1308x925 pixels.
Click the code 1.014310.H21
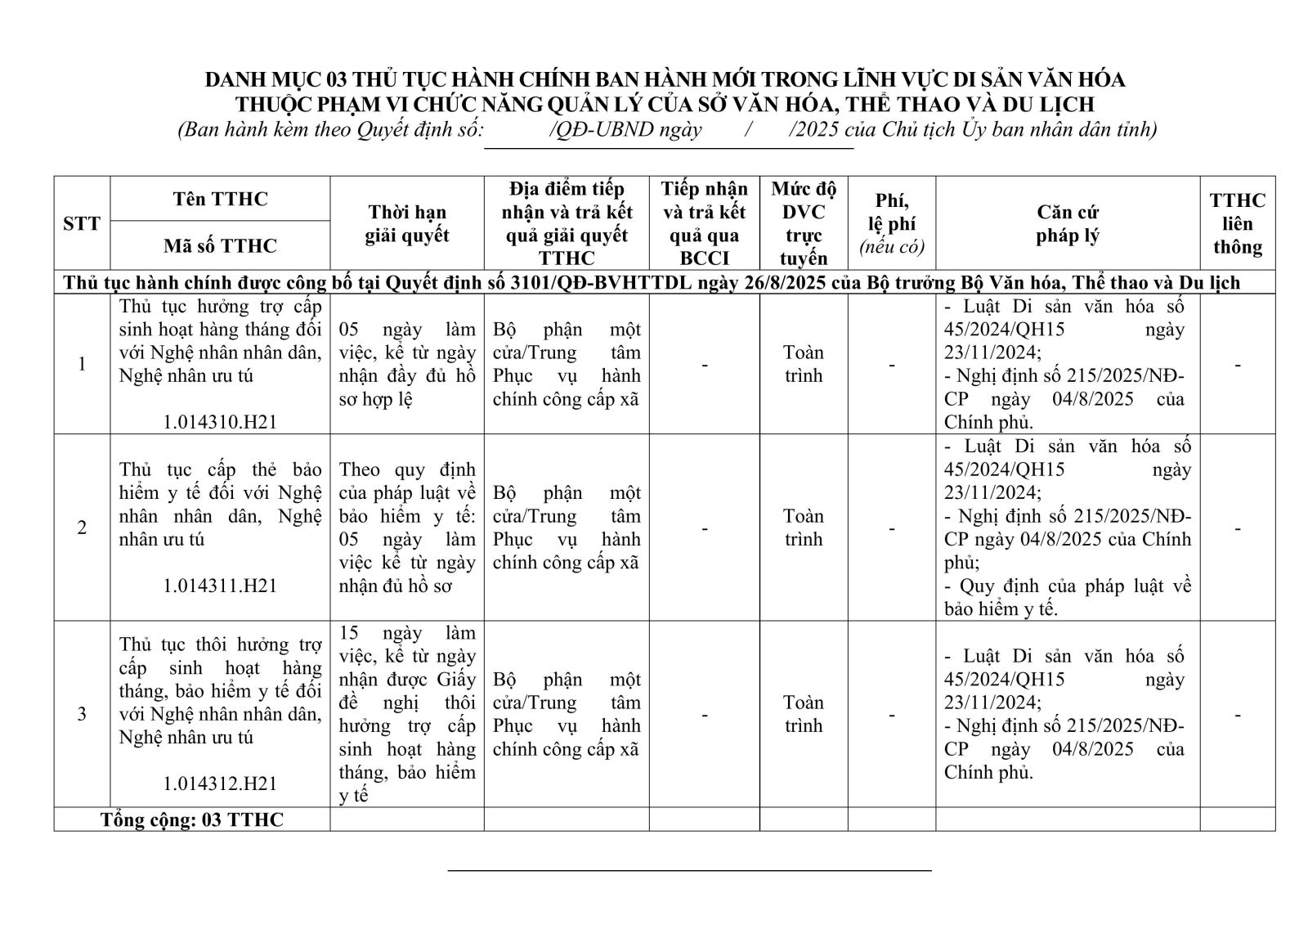pos(220,422)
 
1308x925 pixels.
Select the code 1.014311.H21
pos(220,586)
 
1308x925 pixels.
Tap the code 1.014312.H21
pos(220,784)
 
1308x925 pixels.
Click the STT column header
pos(82,223)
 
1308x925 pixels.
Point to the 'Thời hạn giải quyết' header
pos(407,223)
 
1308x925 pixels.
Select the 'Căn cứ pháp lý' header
pos(1068,223)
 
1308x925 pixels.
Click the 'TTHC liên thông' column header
pos(1237,223)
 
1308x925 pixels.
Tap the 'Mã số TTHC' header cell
pos(220,245)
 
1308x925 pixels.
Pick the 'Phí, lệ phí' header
pos(891,223)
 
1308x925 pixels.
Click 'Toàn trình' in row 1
pos(803,364)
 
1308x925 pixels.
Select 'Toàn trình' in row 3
pos(803,714)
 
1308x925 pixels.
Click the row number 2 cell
pos(82,528)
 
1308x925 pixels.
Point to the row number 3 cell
pos(82,714)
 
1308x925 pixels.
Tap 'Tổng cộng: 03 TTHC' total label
pos(192,819)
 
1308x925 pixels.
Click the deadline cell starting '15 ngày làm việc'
pos(407,714)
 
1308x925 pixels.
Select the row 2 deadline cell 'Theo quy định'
pos(407,528)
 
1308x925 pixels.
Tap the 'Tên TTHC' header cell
pos(220,199)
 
